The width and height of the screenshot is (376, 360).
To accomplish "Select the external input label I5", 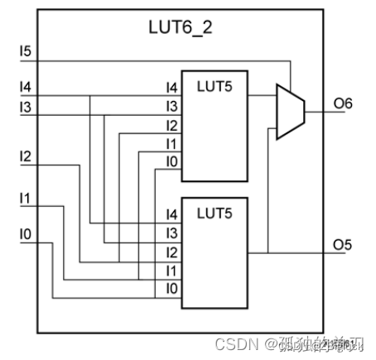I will (x=26, y=52).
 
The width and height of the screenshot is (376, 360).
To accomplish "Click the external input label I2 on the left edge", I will (x=26, y=156).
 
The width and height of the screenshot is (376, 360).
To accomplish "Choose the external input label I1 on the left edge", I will (x=26, y=198).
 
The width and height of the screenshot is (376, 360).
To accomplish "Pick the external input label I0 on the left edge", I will (x=26, y=235).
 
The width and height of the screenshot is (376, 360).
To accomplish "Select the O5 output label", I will (x=343, y=244).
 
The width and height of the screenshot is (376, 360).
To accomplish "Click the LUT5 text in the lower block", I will (x=214, y=213).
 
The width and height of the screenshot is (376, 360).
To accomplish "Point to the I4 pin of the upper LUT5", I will (x=171, y=87).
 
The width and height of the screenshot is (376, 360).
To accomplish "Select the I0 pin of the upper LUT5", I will (x=171, y=162).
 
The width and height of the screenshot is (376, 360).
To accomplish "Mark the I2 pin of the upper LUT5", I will (x=171, y=125).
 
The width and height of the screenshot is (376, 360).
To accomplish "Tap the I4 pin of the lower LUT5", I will (x=171, y=214).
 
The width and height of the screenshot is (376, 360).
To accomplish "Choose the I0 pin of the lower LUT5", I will (x=171, y=288).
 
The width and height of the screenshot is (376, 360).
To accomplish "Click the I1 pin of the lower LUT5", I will (x=171, y=270).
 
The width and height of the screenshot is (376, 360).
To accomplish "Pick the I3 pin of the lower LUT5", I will (x=171, y=233).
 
